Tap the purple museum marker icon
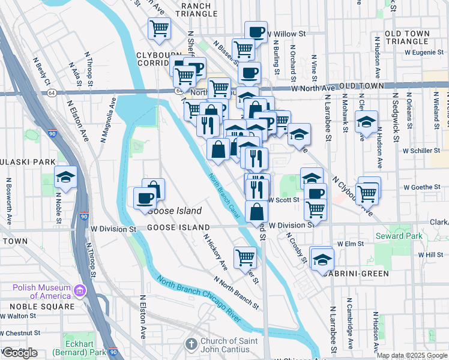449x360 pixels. point(79,291)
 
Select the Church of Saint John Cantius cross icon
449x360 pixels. point(191,344)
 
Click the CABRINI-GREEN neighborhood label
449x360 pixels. point(355,274)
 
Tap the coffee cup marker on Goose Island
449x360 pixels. point(145,198)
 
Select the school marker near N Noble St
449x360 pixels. point(65,176)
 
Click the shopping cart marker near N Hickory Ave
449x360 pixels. point(245,257)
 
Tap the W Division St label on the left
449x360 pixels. point(113,229)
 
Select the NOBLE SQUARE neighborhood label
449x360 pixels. point(37,306)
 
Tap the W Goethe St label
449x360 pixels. point(421,187)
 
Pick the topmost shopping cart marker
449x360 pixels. point(159,28)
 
